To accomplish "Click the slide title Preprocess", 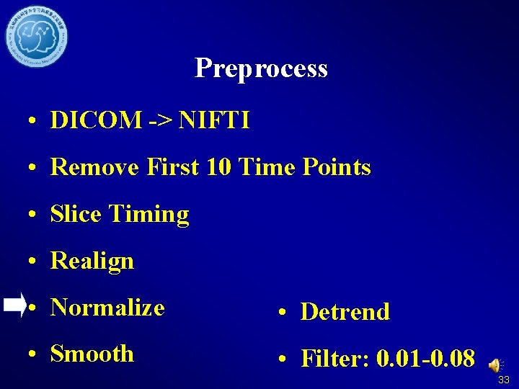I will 261,68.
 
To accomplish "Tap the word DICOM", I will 96,120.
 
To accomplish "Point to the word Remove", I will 95,167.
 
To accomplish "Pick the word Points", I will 334,167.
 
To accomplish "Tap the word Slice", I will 76,214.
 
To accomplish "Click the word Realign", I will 92,261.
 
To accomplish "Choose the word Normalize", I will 108,308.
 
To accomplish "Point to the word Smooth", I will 92,354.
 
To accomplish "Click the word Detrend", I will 345,312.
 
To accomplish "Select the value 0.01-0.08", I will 425,358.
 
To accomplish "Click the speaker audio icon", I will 495,366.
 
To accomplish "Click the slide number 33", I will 503,380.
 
